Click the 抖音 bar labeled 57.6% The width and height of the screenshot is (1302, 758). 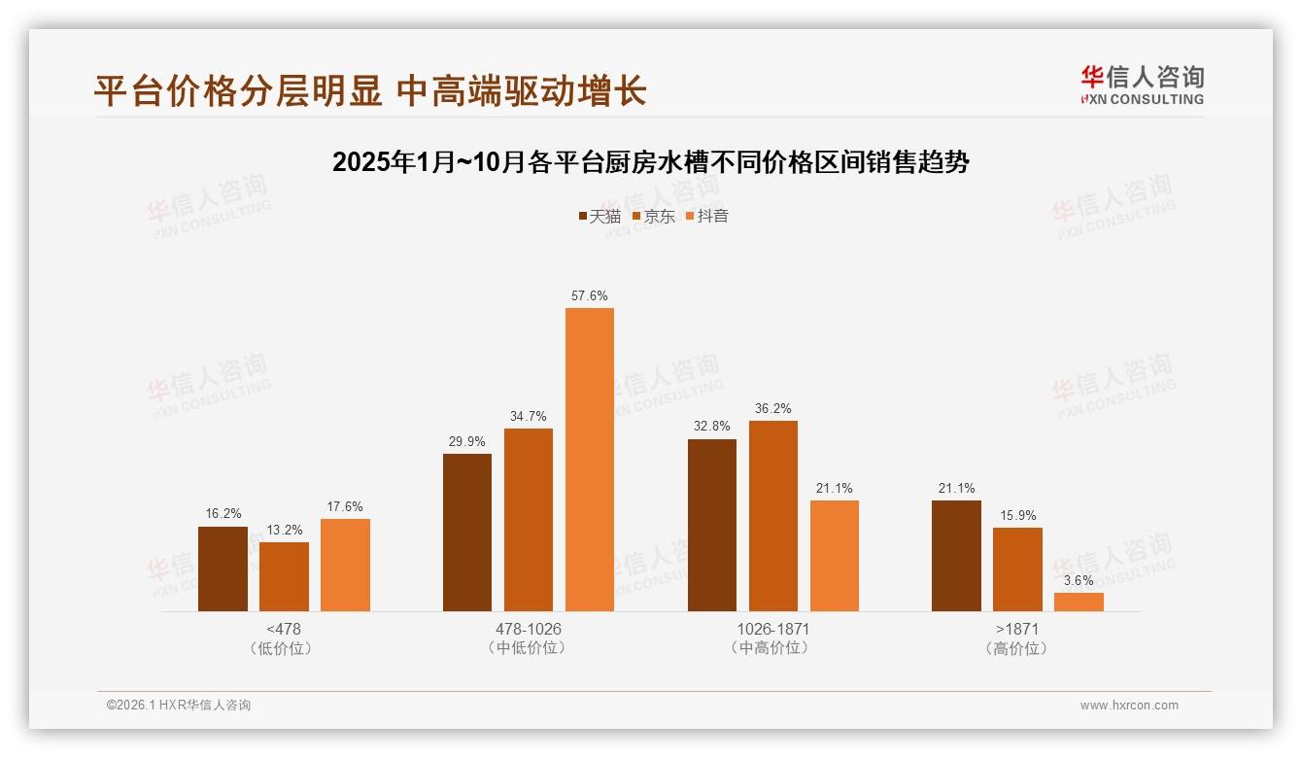(x=590, y=460)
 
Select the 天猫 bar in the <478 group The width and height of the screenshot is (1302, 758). (x=223, y=568)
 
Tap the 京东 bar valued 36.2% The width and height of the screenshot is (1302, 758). (x=772, y=516)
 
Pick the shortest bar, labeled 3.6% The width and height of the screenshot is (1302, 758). (x=1079, y=602)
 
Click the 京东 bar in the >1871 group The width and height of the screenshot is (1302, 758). (x=1017, y=569)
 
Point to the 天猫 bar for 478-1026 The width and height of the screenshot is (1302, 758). (x=467, y=533)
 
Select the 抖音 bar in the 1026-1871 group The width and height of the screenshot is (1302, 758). (x=834, y=556)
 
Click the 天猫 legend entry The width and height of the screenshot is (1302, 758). (x=600, y=216)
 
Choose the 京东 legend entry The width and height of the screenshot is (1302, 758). (x=654, y=216)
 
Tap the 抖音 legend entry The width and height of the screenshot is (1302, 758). (x=707, y=216)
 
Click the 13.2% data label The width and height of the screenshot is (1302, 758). (x=284, y=530)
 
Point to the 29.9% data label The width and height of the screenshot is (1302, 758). (x=467, y=441)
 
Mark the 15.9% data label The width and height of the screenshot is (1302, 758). (x=1017, y=515)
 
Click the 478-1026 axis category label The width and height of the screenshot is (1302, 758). (x=529, y=629)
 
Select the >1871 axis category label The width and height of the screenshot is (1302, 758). (x=1017, y=629)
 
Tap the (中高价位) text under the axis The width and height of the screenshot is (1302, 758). (x=772, y=648)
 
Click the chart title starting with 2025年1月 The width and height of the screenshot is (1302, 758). (x=650, y=162)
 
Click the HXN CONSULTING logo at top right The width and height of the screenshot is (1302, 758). (x=1142, y=86)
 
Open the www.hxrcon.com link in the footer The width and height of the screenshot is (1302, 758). (x=1129, y=706)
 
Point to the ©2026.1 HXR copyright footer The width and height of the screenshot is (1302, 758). (x=179, y=706)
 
